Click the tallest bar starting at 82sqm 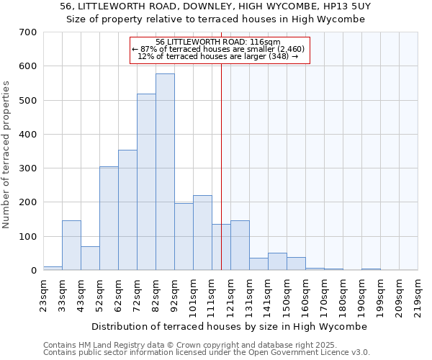click(x=165, y=172)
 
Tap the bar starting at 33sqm click(x=71, y=246)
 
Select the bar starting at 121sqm click(x=240, y=246)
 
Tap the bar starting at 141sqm click(x=277, y=262)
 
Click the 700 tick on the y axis click(x=28, y=32)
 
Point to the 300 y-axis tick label click(x=28, y=168)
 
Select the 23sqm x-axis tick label click(x=43, y=294)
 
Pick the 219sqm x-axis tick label click(x=418, y=294)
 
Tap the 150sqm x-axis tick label click(x=287, y=294)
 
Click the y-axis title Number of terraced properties click(x=6, y=155)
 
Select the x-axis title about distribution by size click(x=230, y=326)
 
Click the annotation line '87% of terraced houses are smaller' click(x=219, y=49)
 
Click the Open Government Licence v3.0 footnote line click(x=207, y=353)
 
